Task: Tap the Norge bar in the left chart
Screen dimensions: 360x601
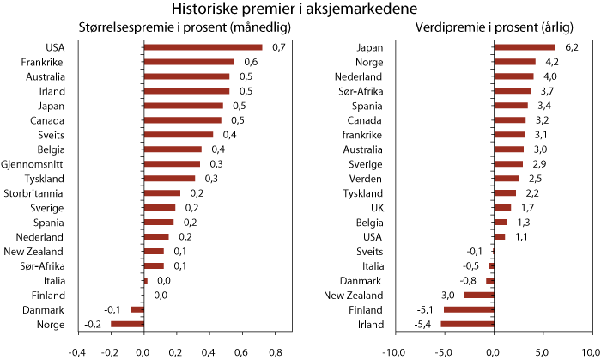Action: (x=126, y=324)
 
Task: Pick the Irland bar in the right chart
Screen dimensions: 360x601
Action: (x=467, y=324)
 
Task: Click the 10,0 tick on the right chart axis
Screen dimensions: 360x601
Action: (x=591, y=352)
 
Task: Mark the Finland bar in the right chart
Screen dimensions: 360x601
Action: (x=468, y=309)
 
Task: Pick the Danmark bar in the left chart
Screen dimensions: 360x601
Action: (x=137, y=309)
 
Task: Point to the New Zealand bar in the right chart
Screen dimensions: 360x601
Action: (x=478, y=295)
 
